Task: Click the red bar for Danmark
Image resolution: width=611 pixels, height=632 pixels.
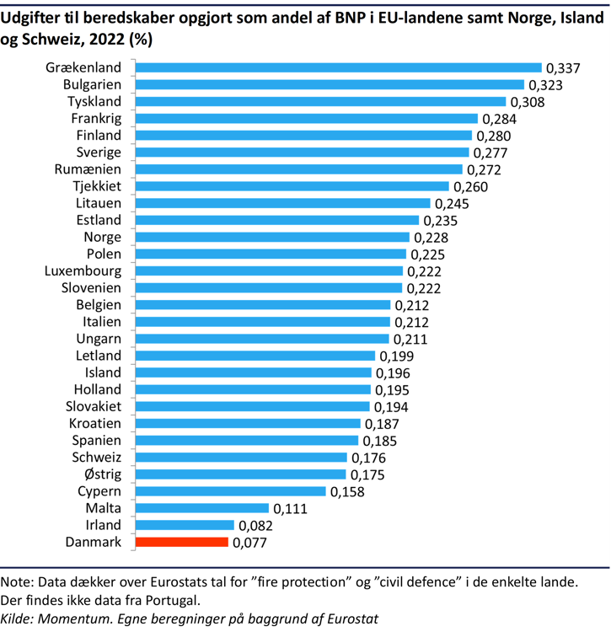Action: pyautogui.click(x=181, y=542)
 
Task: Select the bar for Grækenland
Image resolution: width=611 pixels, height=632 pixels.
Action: pyautogui.click(x=338, y=67)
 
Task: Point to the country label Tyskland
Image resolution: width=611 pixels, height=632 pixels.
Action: pyautogui.click(x=94, y=102)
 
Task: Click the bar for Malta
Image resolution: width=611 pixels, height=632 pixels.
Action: pyautogui.click(x=201, y=508)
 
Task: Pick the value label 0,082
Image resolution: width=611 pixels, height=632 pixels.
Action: pyautogui.click(x=256, y=526)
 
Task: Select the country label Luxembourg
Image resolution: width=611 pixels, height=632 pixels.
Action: pyautogui.click(x=83, y=271)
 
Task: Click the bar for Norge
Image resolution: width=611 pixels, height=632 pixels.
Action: pyautogui.click(x=272, y=238)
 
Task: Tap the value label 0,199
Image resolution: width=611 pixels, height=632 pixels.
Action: pyautogui.click(x=396, y=356)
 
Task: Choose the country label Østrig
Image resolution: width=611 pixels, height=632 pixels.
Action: pyautogui.click(x=99, y=474)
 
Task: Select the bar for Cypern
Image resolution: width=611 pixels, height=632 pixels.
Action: pyautogui.click(x=230, y=491)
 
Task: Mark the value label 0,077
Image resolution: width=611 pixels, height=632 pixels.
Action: pyautogui.click(x=249, y=543)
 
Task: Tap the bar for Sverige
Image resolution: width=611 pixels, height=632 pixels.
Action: pyautogui.click(x=302, y=153)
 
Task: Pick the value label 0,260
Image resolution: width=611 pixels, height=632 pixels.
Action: pyautogui.click(x=470, y=187)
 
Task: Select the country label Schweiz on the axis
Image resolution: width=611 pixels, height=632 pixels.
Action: pyautogui.click(x=96, y=458)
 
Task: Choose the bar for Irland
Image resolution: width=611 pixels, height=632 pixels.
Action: pyautogui.click(x=185, y=525)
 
